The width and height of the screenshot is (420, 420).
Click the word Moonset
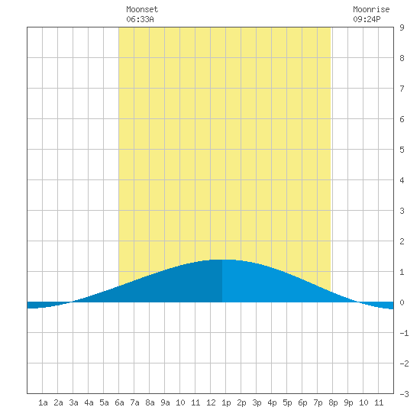(142, 9)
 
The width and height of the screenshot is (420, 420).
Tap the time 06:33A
(140, 19)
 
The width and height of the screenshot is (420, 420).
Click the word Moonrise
(371, 9)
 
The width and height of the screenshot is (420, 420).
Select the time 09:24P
(367, 19)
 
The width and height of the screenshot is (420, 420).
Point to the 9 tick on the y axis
(402, 27)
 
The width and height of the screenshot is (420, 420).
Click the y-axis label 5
(402, 150)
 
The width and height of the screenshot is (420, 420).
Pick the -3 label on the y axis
(404, 394)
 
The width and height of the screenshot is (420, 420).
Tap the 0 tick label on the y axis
(402, 302)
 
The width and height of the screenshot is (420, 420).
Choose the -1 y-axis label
(404, 333)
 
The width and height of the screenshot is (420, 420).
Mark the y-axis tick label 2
(402, 241)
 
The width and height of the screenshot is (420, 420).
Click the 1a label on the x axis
(43, 402)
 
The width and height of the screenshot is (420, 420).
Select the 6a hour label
(119, 402)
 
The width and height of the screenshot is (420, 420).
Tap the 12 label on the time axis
(211, 402)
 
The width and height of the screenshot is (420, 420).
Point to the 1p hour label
(226, 402)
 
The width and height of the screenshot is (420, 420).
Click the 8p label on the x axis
(333, 402)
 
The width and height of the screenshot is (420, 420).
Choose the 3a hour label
(73, 402)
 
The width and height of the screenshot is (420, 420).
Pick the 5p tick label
(287, 402)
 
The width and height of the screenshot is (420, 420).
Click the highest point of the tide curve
(222, 260)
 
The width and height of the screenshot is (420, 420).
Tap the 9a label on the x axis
(165, 402)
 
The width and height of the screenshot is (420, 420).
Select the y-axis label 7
(402, 89)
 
